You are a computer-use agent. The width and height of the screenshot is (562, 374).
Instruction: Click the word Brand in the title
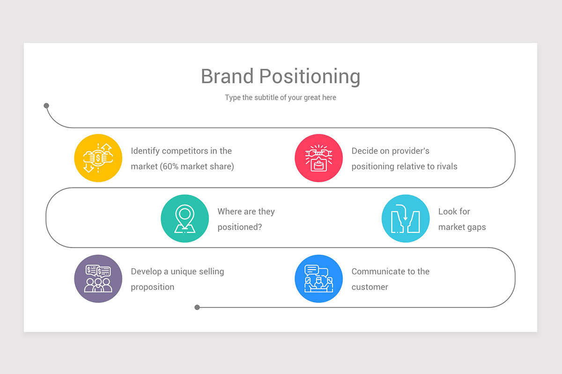pos(227,76)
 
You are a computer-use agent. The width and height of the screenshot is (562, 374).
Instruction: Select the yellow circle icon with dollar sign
pos(98,158)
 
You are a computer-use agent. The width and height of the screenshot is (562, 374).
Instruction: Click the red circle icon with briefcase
pos(318,158)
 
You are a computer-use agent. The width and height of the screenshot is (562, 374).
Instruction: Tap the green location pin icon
pos(185,218)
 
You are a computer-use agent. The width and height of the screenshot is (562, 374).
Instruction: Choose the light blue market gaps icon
pos(406,218)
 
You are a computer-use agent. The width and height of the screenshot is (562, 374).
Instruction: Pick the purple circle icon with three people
pos(98,279)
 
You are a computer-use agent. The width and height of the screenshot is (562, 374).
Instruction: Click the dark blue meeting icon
pos(318,279)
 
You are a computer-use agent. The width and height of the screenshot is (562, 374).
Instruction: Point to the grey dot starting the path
pos(46,106)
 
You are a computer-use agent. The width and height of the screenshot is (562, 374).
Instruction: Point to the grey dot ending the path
pos(197,307)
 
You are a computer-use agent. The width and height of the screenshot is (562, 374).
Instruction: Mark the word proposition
pos(153,288)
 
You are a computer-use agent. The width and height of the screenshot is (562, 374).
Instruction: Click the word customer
pos(370,287)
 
